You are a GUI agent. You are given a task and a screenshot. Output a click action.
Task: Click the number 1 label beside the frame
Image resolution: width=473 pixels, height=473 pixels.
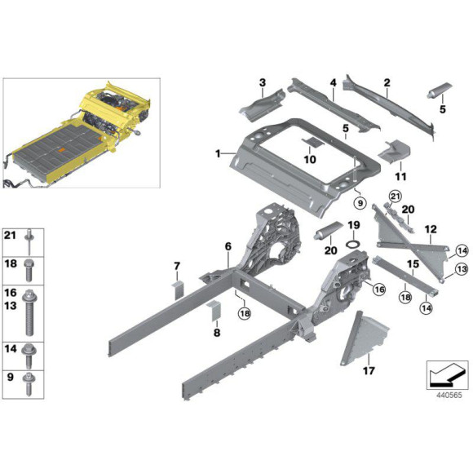point(218,153)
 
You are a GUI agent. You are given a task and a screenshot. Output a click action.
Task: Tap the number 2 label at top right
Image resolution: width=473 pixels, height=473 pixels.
point(387,82)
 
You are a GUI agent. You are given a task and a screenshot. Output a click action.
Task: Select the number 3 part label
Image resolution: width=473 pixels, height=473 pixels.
point(263,82)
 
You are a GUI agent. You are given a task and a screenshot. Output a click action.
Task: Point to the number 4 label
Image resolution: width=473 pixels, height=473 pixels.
point(333,82)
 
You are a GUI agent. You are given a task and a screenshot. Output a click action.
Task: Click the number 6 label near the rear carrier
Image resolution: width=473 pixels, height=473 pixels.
point(228,245)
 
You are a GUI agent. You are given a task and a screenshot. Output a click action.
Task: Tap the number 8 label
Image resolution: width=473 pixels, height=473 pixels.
point(216,333)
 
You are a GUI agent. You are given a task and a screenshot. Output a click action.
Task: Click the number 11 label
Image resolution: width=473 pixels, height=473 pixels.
point(400,175)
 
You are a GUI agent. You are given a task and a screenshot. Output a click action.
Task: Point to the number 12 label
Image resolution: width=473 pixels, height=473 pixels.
point(431,229)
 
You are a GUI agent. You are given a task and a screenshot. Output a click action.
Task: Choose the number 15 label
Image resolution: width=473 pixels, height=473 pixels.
point(413,264)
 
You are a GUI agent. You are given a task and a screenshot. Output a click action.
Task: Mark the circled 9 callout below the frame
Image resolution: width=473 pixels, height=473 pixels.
point(356,200)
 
